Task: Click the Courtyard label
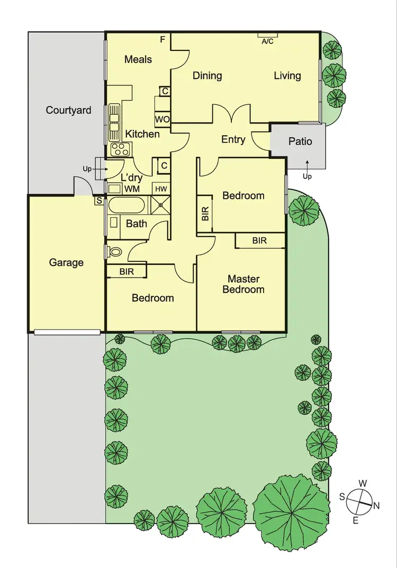pos(68,110)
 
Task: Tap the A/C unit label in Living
pos(267,42)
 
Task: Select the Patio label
pos(300,141)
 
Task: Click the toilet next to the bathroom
pos(114,251)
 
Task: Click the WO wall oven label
pos(162,119)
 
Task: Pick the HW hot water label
pos(160,188)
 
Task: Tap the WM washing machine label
pos(132,188)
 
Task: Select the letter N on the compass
pos(376,505)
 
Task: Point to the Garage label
pos(66,262)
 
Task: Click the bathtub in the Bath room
pos(127,205)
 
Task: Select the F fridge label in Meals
pos(163,39)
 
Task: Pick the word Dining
pos(207,75)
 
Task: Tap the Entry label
pos(233,139)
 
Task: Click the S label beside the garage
pos(99,201)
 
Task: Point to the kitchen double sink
pos(114,119)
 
